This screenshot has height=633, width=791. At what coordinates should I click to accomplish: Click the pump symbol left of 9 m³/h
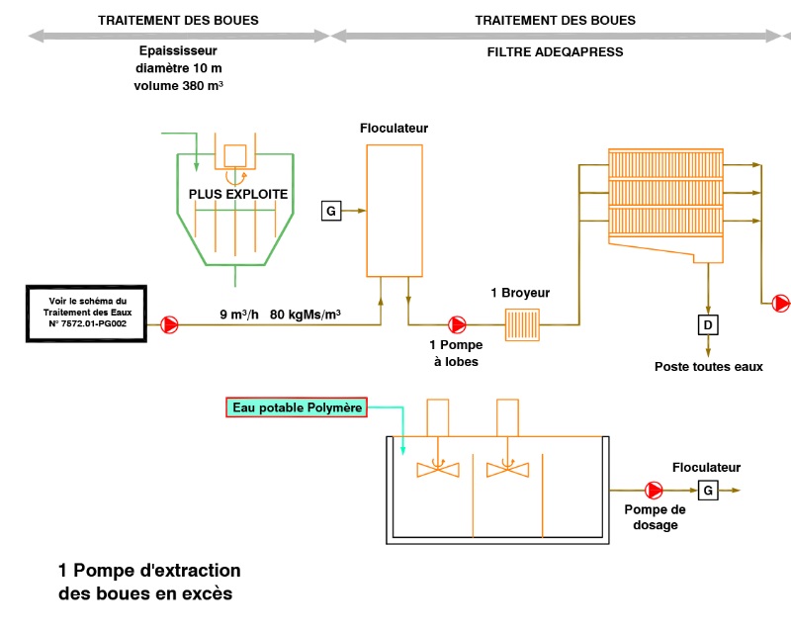coord(169,323)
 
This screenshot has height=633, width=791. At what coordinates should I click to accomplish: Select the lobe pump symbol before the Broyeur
coord(457,323)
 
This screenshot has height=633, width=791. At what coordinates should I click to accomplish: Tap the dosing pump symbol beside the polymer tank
coord(654,490)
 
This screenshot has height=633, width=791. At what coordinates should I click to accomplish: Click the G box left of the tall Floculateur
coord(331,210)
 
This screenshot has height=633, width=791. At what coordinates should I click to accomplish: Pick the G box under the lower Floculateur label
coord(707,490)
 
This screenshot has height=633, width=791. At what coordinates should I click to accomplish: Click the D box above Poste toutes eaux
coord(707,324)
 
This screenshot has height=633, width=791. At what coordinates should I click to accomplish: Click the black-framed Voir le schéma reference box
coord(88,313)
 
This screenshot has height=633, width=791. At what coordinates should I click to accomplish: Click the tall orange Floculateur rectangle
coord(395,210)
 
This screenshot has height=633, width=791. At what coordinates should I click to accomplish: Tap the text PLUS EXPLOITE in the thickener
coord(238,194)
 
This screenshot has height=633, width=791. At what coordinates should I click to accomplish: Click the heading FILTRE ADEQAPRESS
coord(555,52)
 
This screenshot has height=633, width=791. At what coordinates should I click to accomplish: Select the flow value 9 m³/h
coord(239,316)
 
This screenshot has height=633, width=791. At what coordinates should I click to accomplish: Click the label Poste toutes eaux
coord(708,367)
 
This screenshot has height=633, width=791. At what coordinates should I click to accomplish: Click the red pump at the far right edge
coord(781,303)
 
